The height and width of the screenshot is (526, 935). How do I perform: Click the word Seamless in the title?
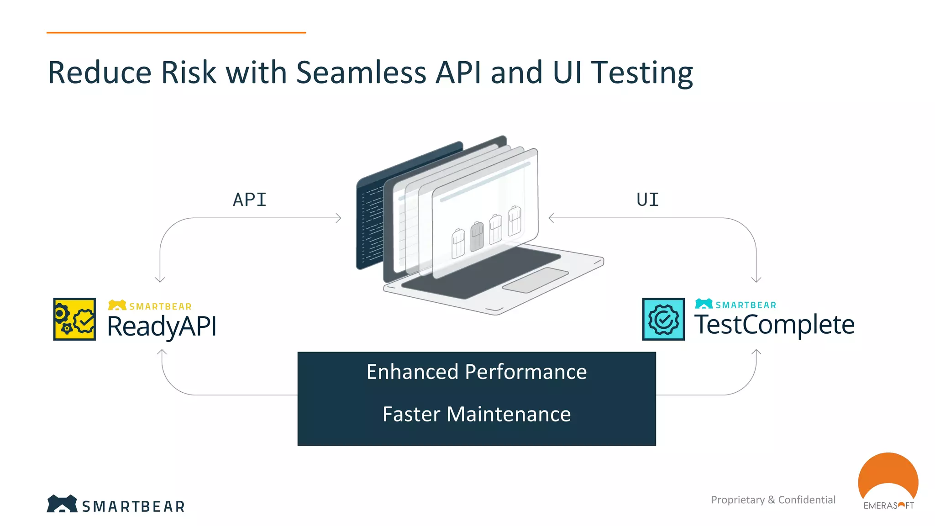click(x=361, y=73)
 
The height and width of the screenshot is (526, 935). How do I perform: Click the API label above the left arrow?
click(x=249, y=200)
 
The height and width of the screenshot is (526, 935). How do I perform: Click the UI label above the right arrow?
click(x=647, y=200)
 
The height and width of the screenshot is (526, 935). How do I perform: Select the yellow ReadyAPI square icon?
click(x=74, y=319)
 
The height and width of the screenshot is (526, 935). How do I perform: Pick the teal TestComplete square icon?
click(x=663, y=319)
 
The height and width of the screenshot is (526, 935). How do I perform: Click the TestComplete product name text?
click(x=774, y=325)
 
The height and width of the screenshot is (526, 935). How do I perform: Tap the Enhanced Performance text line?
click(x=476, y=372)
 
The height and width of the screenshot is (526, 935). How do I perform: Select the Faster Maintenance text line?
click(x=476, y=414)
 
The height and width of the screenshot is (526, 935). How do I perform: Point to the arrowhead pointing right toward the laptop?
click(x=339, y=218)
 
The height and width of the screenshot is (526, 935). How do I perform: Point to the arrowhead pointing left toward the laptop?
click(x=551, y=218)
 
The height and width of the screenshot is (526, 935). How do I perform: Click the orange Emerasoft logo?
click(x=888, y=479)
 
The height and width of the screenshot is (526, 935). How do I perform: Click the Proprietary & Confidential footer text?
click(x=773, y=500)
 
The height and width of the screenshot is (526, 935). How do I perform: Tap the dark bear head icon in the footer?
click(x=62, y=504)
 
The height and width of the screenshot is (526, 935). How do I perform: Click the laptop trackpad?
click(x=536, y=280)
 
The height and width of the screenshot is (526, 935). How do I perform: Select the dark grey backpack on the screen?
click(x=477, y=236)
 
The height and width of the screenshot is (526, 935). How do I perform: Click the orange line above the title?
click(x=176, y=32)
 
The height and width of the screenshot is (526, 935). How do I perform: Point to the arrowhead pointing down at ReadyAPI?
click(x=160, y=280)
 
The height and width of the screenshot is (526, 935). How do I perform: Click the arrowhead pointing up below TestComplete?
click(x=756, y=352)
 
